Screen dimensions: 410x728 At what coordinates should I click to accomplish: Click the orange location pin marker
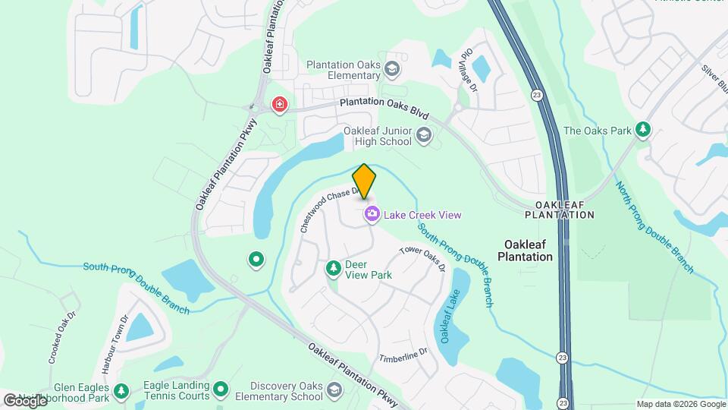tap(364, 181)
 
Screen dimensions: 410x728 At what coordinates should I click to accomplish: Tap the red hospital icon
tap(280, 104)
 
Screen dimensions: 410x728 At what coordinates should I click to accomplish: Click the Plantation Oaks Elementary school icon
tap(392, 70)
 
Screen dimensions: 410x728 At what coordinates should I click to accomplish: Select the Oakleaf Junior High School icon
tap(423, 136)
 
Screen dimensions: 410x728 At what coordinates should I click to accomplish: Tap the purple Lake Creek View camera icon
tap(372, 215)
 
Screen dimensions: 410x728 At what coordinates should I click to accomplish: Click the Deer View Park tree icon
tap(332, 268)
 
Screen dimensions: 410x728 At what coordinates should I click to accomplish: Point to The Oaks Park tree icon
tap(643, 130)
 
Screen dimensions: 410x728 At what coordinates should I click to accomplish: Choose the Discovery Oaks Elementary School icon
tap(334, 390)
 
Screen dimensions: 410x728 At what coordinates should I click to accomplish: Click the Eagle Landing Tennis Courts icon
tap(221, 390)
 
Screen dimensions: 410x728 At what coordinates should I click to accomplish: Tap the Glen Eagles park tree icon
tap(121, 391)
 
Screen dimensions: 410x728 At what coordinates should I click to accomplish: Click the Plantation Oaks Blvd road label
tap(384, 108)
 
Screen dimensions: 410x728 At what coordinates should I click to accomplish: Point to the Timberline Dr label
tap(404, 353)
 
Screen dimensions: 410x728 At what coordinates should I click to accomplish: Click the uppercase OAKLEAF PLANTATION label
tap(560, 210)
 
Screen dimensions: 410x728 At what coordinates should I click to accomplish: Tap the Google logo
tap(25, 400)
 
